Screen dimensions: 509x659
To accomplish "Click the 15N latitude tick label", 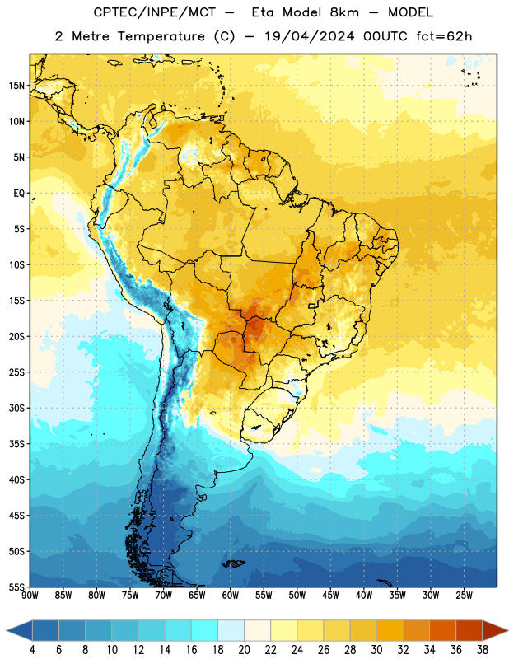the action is pos(16,86).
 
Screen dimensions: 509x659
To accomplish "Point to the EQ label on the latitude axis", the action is pos(19,194).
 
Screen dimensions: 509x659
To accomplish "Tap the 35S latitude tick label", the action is pos(16,444).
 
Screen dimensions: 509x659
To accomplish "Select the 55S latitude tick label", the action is pos(16,587).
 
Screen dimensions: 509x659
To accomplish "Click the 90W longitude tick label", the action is pos(30,596).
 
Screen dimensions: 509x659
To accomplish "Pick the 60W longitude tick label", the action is pos(231,596).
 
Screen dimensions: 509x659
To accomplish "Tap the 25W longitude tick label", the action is pos(464,596).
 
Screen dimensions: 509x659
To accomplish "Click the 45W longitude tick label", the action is pos(330,596).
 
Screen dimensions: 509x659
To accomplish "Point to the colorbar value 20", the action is pos(244,650).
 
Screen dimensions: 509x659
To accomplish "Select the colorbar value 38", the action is pos(483,650).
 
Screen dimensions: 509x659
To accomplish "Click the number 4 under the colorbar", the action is pos(32,650).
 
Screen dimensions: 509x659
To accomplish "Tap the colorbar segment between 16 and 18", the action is pos(204,631).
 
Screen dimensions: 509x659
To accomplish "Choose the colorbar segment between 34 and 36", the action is pos(442,631).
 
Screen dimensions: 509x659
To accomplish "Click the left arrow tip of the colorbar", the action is pos(7,631).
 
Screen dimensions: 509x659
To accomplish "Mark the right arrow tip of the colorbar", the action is pos(508,631).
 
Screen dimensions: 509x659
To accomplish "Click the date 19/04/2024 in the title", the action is pos(310,36).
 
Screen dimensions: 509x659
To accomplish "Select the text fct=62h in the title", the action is pos(444,36).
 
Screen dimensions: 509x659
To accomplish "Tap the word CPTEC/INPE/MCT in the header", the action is pos(155,12).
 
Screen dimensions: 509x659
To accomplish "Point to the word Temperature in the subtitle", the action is pos(161,37).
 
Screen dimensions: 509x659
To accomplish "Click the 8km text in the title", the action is pos(344,12).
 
